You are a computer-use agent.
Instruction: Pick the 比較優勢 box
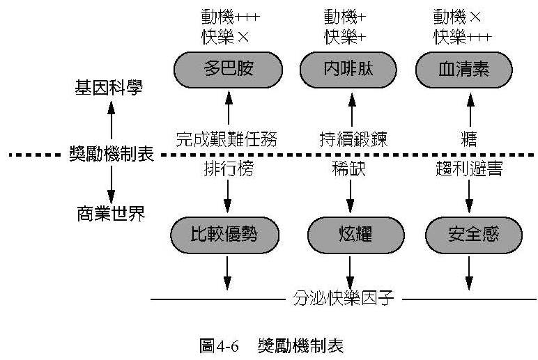tap(224, 234)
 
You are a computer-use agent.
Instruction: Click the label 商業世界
tap(110, 213)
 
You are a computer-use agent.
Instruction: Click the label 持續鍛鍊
tap(354, 138)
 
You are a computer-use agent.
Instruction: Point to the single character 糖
tap(469, 138)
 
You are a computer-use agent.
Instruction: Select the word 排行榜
tap(228, 170)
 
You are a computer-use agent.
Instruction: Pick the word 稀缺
tap(349, 170)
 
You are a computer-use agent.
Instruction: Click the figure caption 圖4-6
tap(219, 345)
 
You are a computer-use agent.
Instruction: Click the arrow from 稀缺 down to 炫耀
tap(350, 197)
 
